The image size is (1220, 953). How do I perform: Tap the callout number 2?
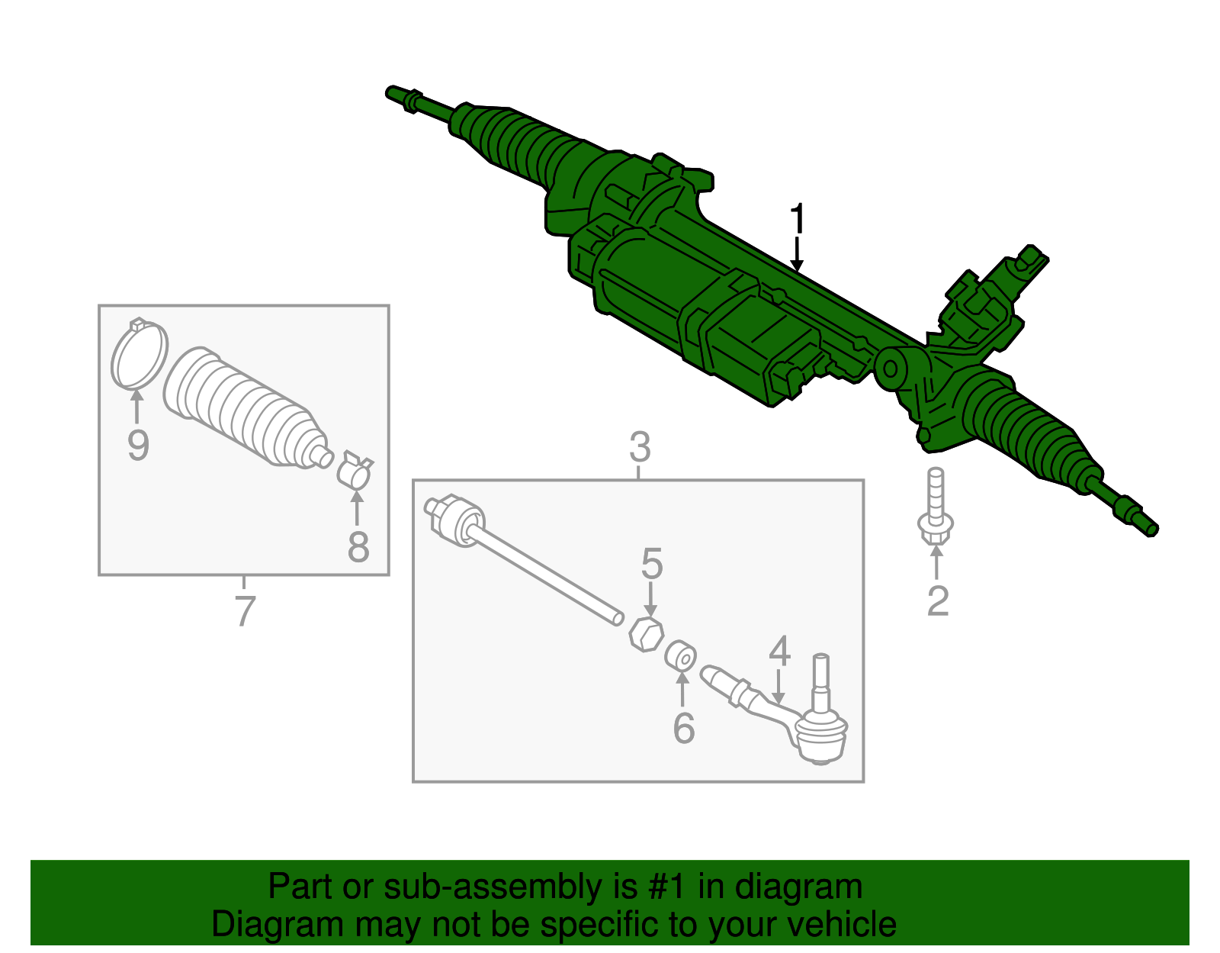coord(938,601)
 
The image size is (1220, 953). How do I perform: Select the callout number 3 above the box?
coord(640,447)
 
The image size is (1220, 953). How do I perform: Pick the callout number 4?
coord(780,652)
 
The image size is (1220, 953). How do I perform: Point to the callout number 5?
coord(653,564)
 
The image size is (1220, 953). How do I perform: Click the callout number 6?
coord(684,729)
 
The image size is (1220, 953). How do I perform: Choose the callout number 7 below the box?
coord(246,611)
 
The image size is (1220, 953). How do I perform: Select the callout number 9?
coord(138,446)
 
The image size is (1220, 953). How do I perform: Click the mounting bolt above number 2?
coord(936,505)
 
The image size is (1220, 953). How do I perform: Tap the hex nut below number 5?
coord(646,634)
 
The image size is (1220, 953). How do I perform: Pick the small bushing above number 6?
coord(680,655)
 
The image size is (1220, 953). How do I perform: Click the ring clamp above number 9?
coord(140,353)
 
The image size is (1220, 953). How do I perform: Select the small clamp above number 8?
coord(355,469)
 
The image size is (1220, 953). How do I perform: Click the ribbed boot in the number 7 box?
coord(247,407)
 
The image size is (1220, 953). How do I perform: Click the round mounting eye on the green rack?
coord(891,369)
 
